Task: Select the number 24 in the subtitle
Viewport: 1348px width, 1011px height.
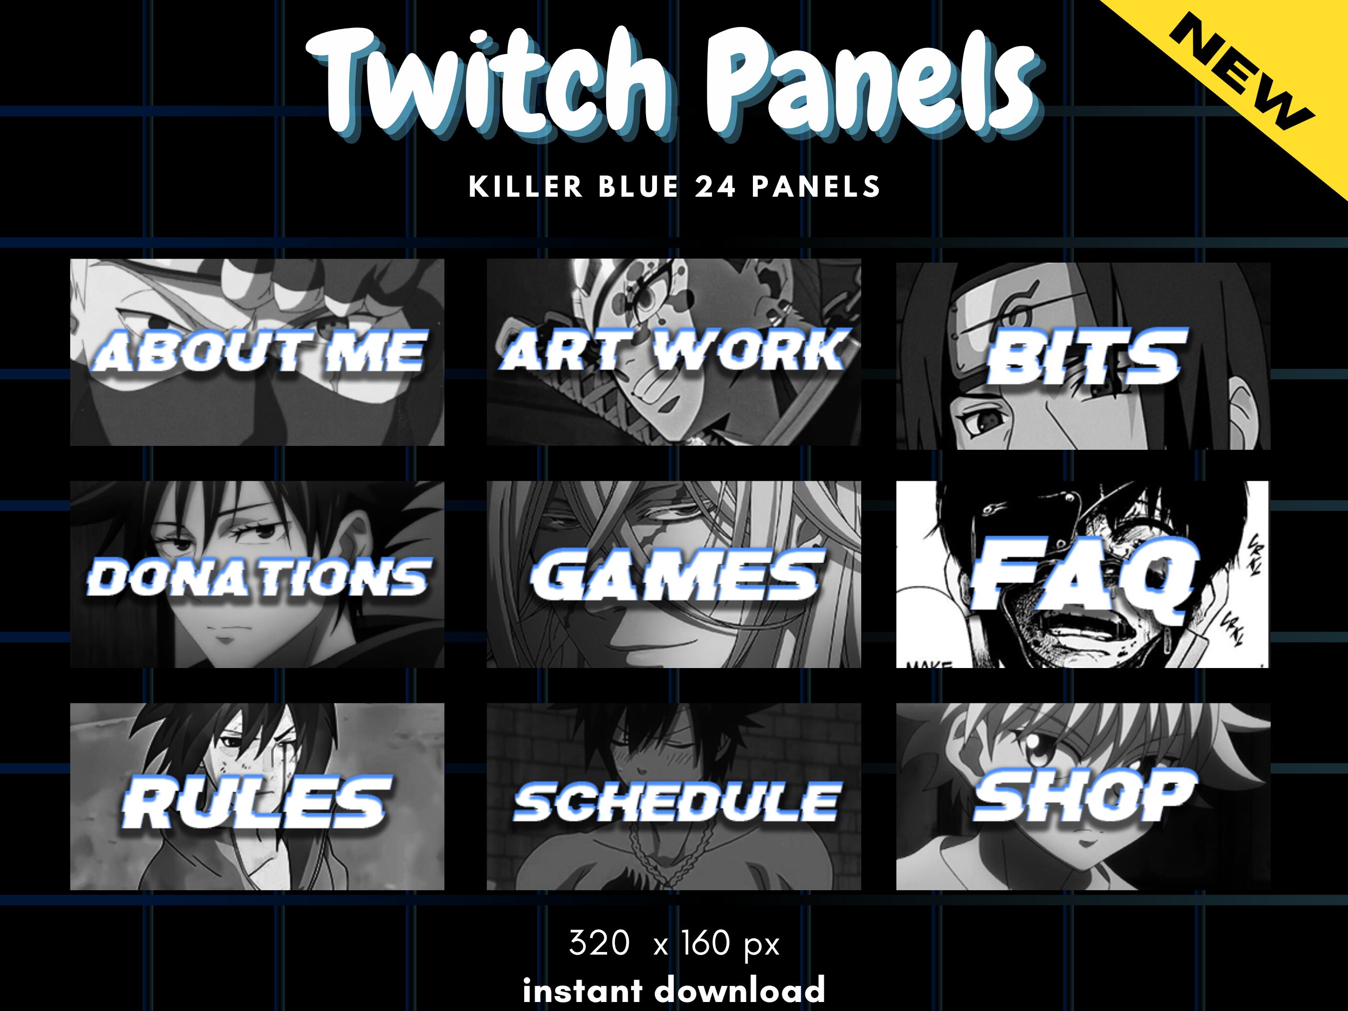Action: click(715, 187)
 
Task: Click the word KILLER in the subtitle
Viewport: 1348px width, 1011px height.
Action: click(526, 187)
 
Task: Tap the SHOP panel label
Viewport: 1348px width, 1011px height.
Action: click(1084, 795)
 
